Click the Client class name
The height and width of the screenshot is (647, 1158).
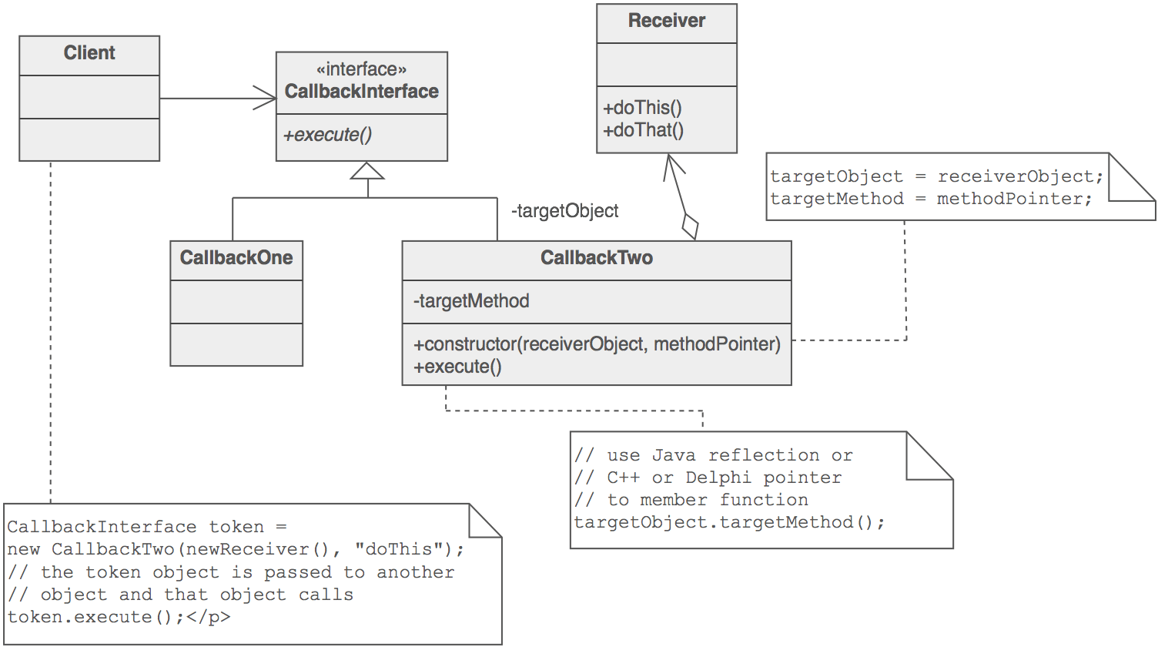pyautogui.click(x=89, y=53)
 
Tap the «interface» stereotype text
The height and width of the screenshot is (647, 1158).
pyautogui.click(x=361, y=70)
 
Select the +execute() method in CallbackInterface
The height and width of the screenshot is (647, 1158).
pyautogui.click(x=328, y=135)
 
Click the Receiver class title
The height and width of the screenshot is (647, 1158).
pyautogui.click(x=667, y=21)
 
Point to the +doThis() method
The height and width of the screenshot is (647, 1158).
pyautogui.click(x=642, y=108)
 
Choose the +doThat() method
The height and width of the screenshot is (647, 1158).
pyautogui.click(x=644, y=129)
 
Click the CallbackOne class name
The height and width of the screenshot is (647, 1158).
pyautogui.click(x=236, y=257)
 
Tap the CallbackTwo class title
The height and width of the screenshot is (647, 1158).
pyautogui.click(x=597, y=257)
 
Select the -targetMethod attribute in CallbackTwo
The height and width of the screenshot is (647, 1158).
pyautogui.click(x=471, y=301)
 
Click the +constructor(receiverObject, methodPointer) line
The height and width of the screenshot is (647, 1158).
pyautogui.click(x=597, y=344)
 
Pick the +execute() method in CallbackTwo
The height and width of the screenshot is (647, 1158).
pyautogui.click(x=457, y=367)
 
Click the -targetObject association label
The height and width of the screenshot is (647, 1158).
pyautogui.click(x=564, y=211)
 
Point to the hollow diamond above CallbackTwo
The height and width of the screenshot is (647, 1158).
pyautogui.click(x=691, y=227)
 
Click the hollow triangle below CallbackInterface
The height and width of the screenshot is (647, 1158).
pyautogui.click(x=367, y=171)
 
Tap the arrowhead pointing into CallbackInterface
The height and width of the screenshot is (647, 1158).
pyautogui.click(x=267, y=98)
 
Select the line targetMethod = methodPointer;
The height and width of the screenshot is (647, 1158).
pyautogui.click(x=932, y=199)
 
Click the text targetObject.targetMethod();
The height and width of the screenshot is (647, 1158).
pyautogui.click(x=729, y=522)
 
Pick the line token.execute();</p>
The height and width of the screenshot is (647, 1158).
pyautogui.click(x=119, y=616)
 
